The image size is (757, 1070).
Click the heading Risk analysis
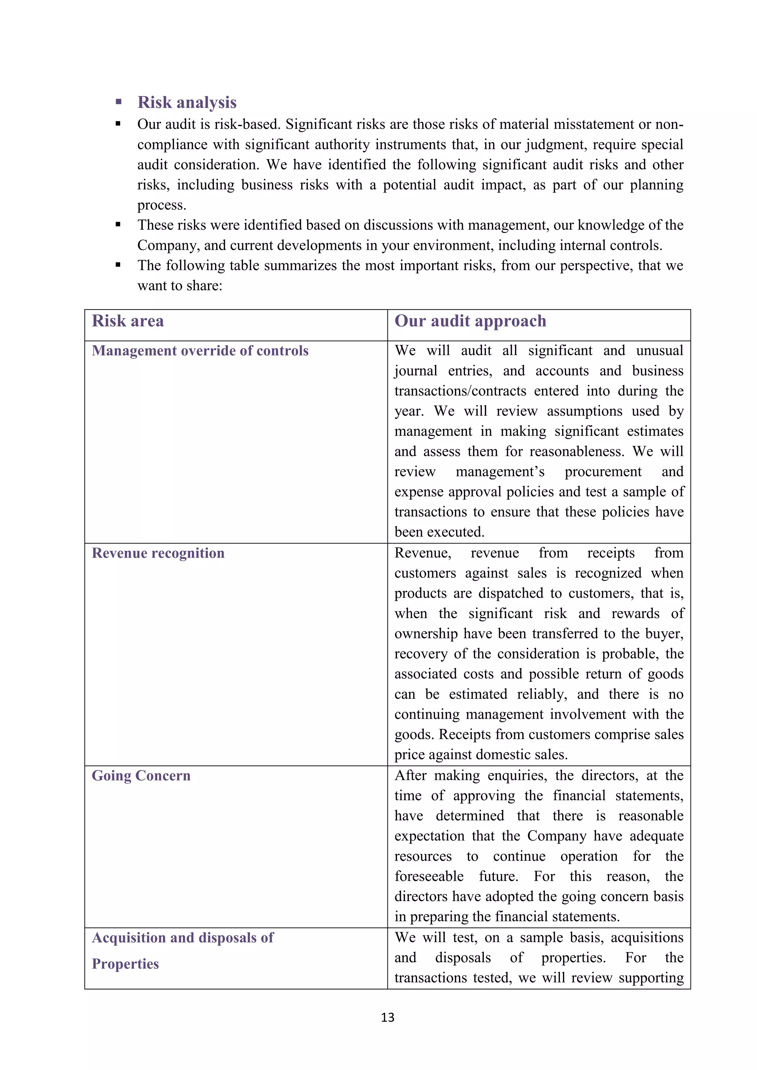click(187, 102)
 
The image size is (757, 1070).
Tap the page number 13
click(387, 1017)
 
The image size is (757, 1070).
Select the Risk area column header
click(128, 321)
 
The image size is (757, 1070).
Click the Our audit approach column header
click(470, 321)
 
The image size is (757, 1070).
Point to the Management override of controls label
click(200, 351)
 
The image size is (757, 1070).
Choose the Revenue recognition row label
click(158, 553)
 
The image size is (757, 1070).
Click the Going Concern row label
click(141, 776)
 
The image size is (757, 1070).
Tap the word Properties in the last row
click(125, 964)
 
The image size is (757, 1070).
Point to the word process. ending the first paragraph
click(161, 205)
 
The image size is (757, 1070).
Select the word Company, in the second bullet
click(168, 246)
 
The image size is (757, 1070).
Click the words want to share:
click(180, 286)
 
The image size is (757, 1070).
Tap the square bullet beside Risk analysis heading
click(118, 102)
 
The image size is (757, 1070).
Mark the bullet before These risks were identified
click(118, 225)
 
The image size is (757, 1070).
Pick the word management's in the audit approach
click(500, 471)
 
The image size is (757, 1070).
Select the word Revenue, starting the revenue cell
click(423, 553)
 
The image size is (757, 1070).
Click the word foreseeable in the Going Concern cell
click(429, 877)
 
